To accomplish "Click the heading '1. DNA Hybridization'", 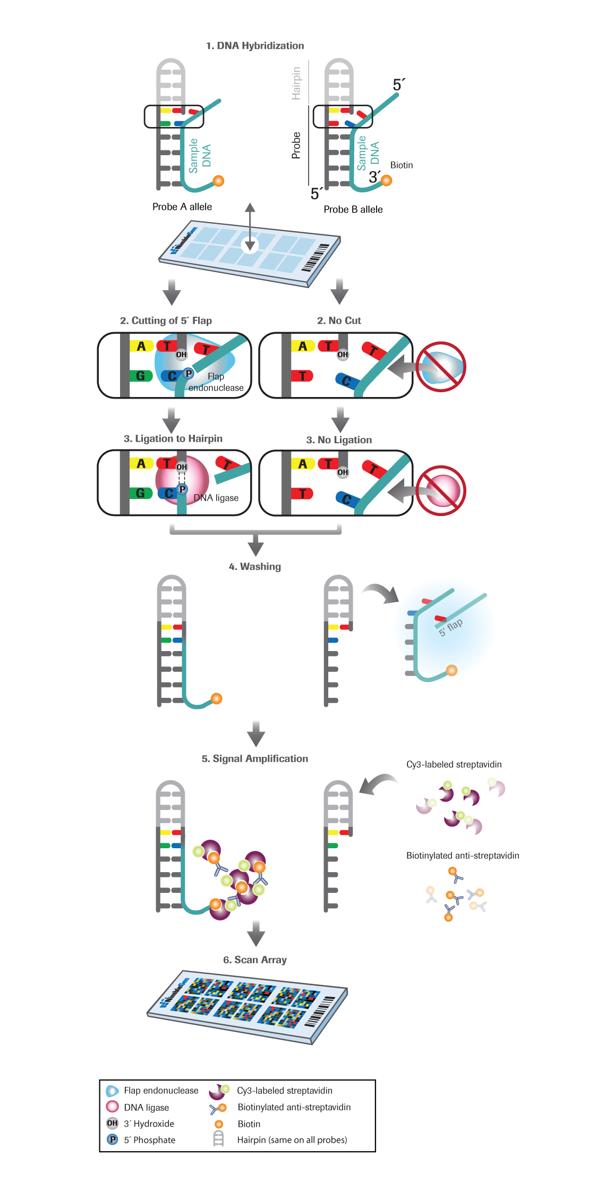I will pos(255,46).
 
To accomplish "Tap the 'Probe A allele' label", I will pos(182,207).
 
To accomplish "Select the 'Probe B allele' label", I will pos(353,209).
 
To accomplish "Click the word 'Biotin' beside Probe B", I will pos(402,165).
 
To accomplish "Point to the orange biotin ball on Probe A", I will pos(218,181).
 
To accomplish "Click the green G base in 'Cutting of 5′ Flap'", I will pos(141,376).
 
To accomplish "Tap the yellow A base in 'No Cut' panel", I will pos(303,346).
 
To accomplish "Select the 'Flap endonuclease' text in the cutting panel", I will pos(216,382).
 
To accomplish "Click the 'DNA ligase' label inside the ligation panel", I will pos(216,498).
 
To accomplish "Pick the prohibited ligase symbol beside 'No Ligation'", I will pos(441,491).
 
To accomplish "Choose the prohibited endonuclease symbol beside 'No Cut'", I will pos(441,367).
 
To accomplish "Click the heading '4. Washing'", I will pos(255,567).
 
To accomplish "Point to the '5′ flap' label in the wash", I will pos(450,627).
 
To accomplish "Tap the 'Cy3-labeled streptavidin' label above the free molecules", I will pos(454,764).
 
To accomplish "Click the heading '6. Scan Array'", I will pos(255,960).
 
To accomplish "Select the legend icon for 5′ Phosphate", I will pos(113,1139).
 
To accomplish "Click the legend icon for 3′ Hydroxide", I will pos(112,1123).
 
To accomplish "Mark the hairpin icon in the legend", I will pos(218,1139).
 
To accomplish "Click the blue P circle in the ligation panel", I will pos(183,489).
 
